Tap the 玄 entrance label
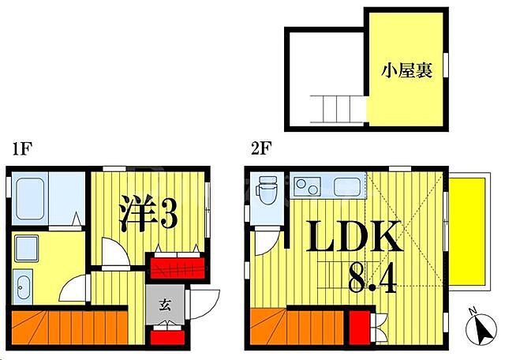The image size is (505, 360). pyautogui.click(x=165, y=306)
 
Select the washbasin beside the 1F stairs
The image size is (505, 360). pyautogui.click(x=22, y=287)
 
